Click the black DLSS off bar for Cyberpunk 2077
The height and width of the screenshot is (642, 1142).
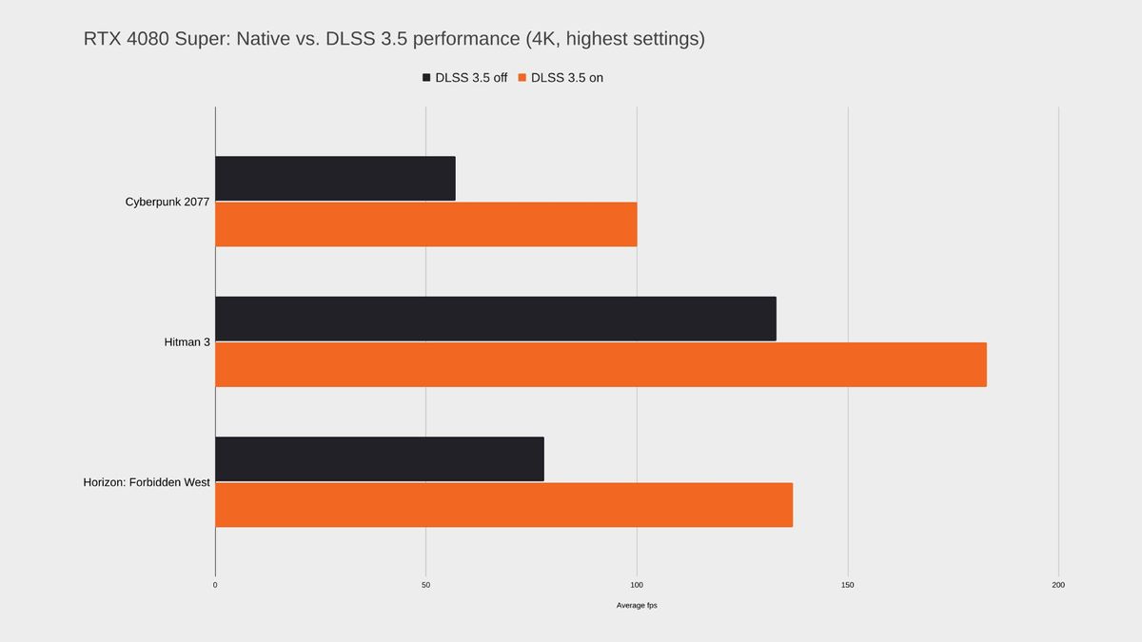click(x=335, y=179)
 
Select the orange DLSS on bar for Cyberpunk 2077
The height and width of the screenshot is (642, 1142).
click(x=425, y=224)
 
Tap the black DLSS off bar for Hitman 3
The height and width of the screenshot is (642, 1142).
click(x=495, y=319)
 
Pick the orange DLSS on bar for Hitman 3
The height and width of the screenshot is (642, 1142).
click(x=601, y=364)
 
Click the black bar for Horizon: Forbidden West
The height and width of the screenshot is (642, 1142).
click(x=379, y=458)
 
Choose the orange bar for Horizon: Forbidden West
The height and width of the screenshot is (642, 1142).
click(x=503, y=504)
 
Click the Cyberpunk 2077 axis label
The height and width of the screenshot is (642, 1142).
click(x=167, y=202)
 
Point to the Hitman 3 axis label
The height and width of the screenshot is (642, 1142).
click(x=187, y=341)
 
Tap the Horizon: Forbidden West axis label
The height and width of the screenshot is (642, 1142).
click(x=147, y=482)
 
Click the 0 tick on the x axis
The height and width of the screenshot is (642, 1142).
click(x=215, y=585)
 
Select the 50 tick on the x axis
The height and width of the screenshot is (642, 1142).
click(x=425, y=585)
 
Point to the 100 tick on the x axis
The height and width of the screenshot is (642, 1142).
click(x=637, y=585)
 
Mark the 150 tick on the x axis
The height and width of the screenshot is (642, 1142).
click(x=848, y=585)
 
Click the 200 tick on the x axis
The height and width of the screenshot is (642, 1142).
click(x=1058, y=585)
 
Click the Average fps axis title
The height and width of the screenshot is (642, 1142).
click(x=637, y=606)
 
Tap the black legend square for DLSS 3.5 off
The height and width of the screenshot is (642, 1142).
click(x=427, y=78)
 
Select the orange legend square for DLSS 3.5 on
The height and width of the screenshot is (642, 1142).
click(x=522, y=78)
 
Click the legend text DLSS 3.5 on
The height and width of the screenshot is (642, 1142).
click(x=567, y=78)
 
